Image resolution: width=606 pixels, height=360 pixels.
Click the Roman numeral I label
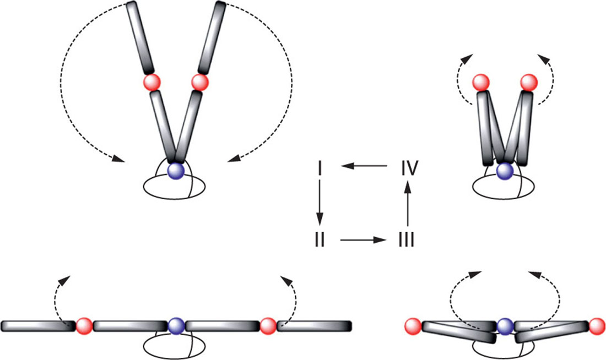coord(320,166)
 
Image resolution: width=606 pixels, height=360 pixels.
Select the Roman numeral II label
coord(320,240)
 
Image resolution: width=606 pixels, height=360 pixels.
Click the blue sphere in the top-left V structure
coord(175,170)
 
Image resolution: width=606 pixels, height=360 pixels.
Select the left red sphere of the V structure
coord(151,83)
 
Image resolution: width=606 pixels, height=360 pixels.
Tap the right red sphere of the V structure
coord(199,83)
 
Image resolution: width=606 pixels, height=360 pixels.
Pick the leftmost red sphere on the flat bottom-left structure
coord(84,326)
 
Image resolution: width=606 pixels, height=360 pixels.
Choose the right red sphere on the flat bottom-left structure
coord(268,326)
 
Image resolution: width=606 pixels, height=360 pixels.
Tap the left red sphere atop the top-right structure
coord(481,83)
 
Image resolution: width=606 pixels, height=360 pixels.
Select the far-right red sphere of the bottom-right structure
coord(597,326)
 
